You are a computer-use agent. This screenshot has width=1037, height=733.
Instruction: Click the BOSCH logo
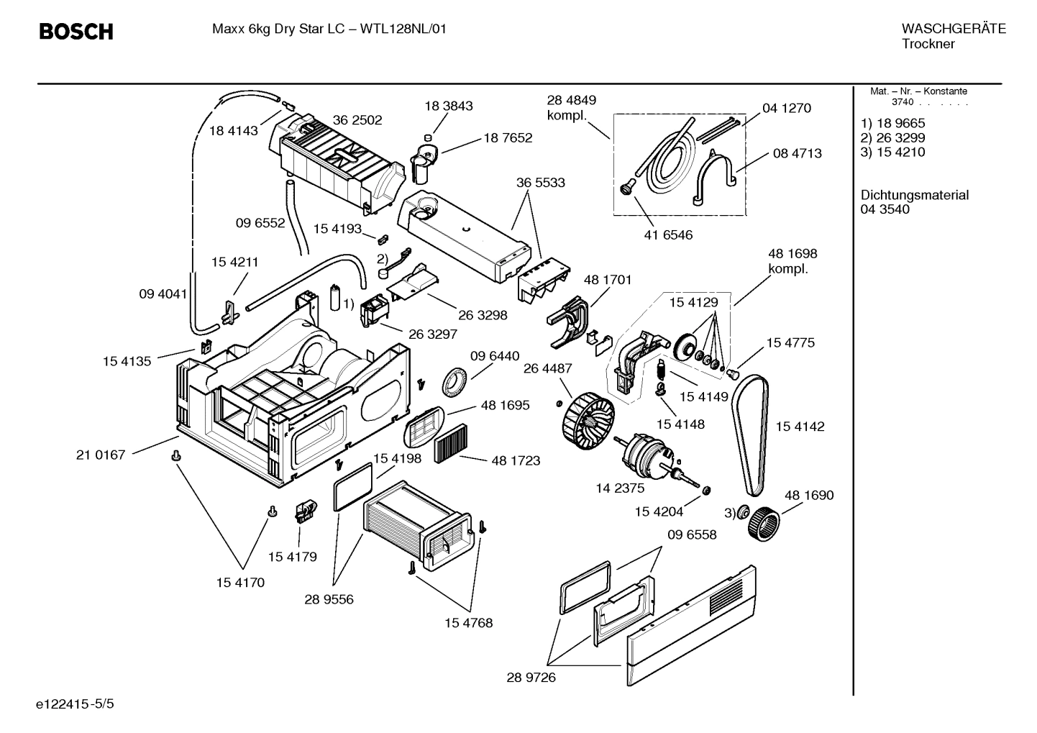[x=76, y=32]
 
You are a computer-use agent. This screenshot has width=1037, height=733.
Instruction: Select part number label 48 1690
[x=809, y=495]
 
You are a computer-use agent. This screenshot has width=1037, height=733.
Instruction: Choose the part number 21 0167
[x=101, y=455]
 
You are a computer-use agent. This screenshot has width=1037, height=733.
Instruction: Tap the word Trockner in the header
[x=928, y=44]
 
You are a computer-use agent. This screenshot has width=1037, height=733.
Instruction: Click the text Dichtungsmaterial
[x=914, y=195]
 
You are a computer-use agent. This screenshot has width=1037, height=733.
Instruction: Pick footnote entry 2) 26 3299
[x=893, y=137]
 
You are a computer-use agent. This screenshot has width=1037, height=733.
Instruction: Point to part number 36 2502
[x=357, y=120]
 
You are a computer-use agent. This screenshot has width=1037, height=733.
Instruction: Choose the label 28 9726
[x=531, y=678]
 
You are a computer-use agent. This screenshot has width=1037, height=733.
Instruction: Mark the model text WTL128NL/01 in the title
[x=403, y=29]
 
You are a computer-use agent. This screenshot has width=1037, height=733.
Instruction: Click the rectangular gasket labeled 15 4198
[x=354, y=486]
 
